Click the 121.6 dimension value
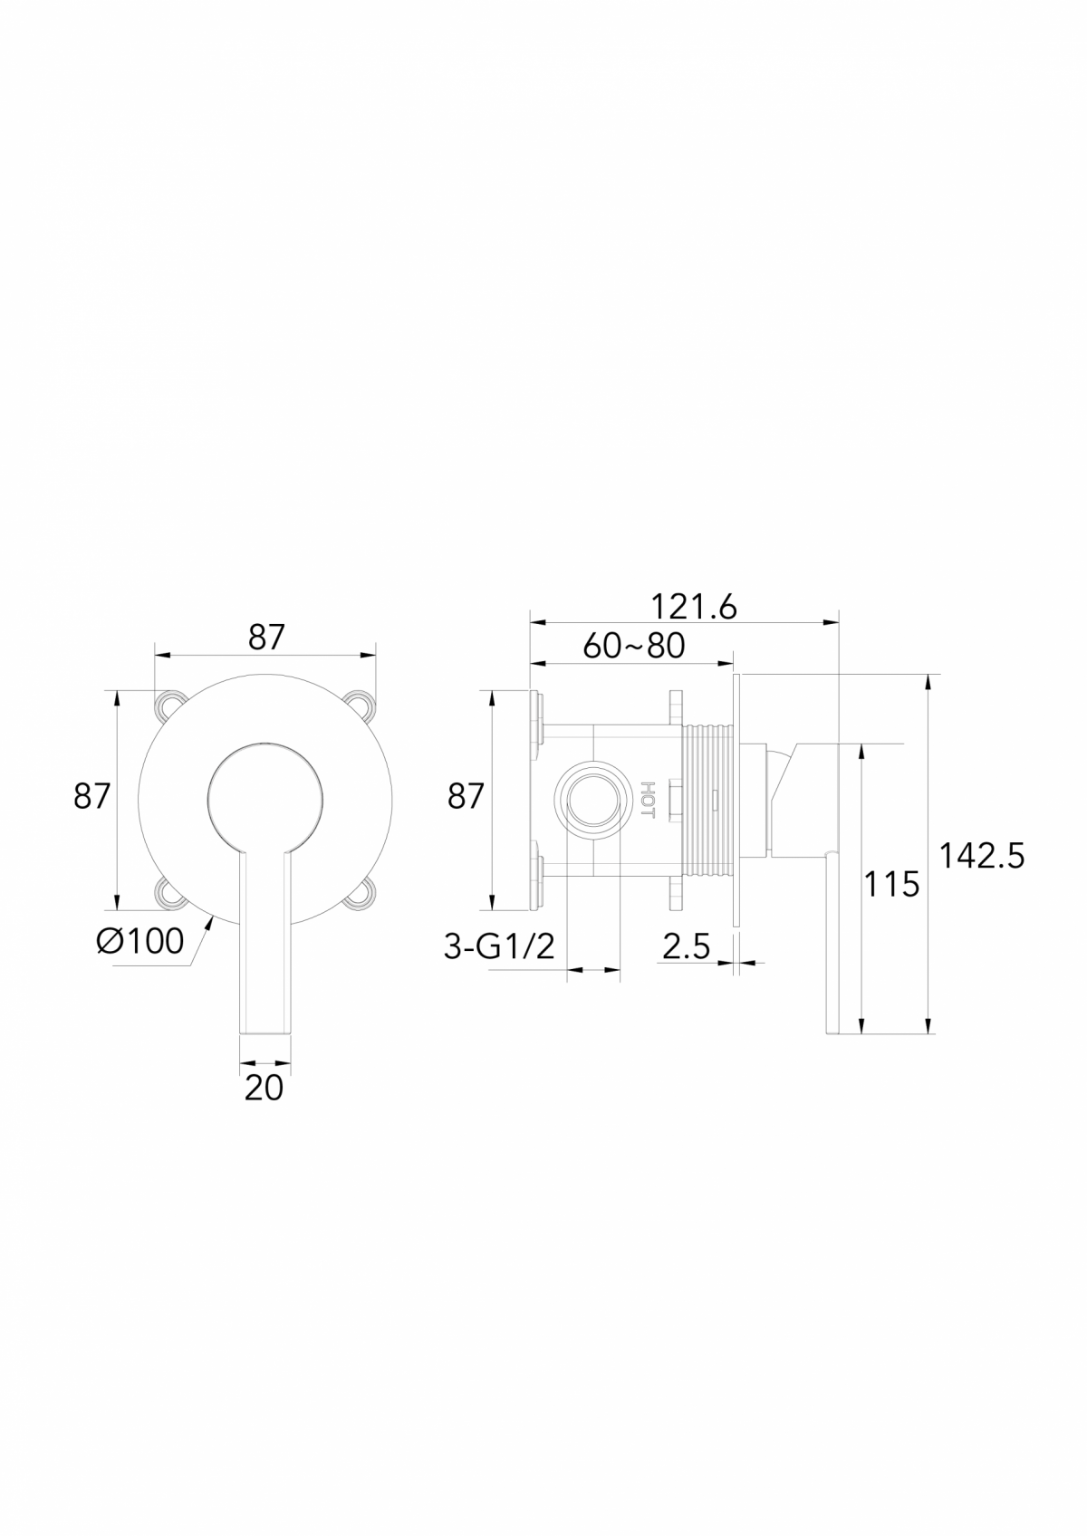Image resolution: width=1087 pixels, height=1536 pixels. click(694, 607)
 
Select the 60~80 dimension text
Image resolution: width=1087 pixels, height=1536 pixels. click(633, 646)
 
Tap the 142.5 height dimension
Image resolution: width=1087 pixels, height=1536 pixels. click(982, 855)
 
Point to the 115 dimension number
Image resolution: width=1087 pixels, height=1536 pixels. click(891, 884)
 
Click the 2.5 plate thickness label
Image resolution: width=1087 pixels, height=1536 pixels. click(686, 947)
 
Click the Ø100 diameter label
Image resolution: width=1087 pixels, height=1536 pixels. click(140, 941)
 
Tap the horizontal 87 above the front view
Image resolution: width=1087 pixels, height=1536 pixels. click(266, 638)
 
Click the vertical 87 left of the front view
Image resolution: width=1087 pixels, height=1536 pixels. click(91, 797)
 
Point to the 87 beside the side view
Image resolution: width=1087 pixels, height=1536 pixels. click(467, 797)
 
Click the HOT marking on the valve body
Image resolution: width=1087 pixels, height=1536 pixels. click(647, 800)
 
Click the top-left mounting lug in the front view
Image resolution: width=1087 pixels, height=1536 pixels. click(169, 706)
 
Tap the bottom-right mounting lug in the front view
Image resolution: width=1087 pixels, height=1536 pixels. click(361, 895)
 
